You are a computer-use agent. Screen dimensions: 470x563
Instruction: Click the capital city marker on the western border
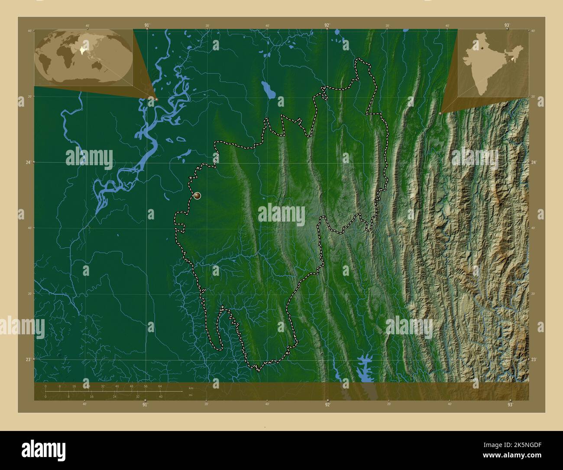(197, 196)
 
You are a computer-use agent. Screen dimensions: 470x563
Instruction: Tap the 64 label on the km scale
(160, 386)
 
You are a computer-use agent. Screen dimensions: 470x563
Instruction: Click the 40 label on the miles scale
(160, 396)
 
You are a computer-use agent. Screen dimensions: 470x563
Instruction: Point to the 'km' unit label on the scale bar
(191, 387)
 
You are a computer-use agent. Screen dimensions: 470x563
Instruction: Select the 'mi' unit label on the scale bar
(190, 395)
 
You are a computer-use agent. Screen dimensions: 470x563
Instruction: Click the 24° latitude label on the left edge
(28, 162)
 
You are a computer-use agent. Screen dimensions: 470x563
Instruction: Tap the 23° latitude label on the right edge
(534, 359)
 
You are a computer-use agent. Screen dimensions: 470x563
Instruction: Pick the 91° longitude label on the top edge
(147, 25)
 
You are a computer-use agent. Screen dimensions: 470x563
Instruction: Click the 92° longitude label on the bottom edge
(328, 405)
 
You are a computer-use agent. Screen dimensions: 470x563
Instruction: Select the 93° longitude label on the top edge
(507, 25)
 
